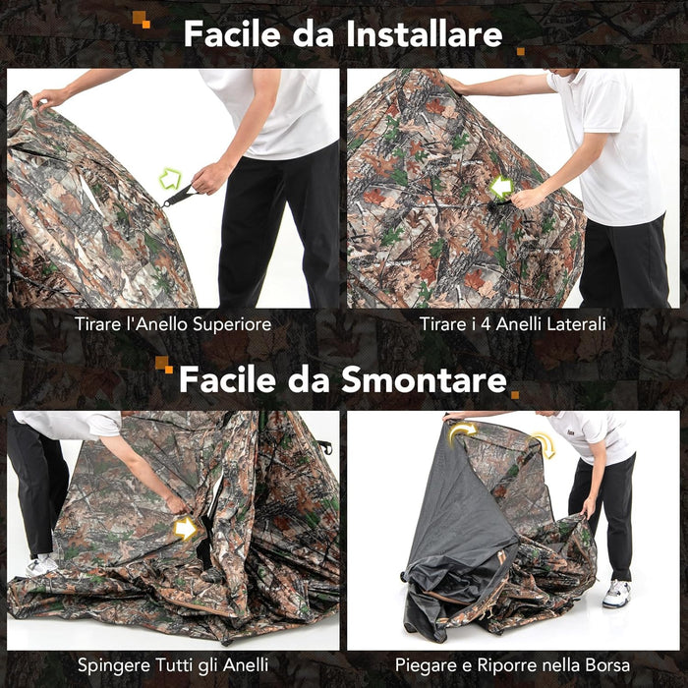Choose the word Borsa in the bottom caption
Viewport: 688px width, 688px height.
[x=606, y=666]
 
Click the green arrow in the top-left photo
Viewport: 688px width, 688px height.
[x=171, y=179]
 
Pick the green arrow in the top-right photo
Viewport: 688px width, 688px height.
[x=502, y=187]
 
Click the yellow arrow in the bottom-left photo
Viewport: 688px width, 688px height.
[x=185, y=529]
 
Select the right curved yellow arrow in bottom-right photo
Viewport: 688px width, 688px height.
[x=544, y=444]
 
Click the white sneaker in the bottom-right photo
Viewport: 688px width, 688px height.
[x=616, y=593]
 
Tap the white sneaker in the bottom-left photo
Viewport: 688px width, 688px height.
[x=41, y=565]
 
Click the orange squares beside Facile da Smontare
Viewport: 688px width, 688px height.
[x=163, y=366]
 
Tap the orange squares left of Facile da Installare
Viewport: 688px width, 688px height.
[x=142, y=19]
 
